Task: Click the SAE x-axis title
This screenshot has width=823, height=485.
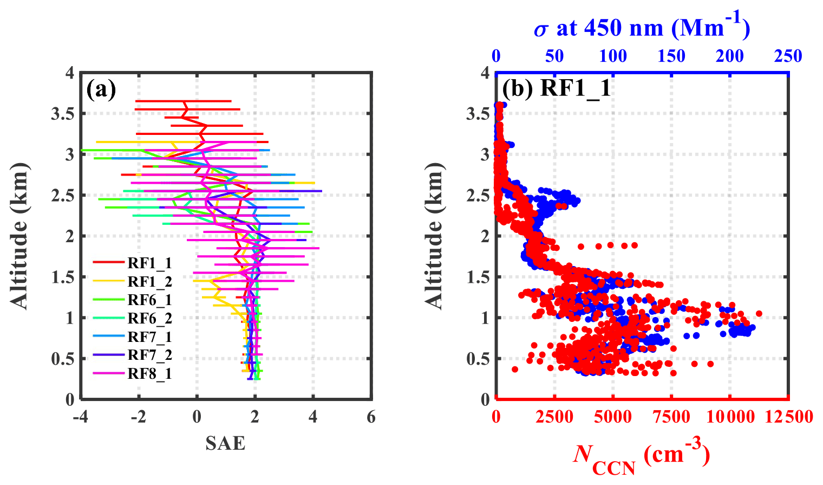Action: point(225,443)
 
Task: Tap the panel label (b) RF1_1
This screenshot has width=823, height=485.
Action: point(557,88)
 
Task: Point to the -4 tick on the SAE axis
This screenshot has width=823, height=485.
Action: point(81,417)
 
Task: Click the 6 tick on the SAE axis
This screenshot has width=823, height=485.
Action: point(371,417)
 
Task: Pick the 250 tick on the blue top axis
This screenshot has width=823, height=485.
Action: point(788,56)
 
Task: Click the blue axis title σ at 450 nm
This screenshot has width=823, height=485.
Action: point(642,27)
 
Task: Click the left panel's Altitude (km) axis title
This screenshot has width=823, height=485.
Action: point(19,236)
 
